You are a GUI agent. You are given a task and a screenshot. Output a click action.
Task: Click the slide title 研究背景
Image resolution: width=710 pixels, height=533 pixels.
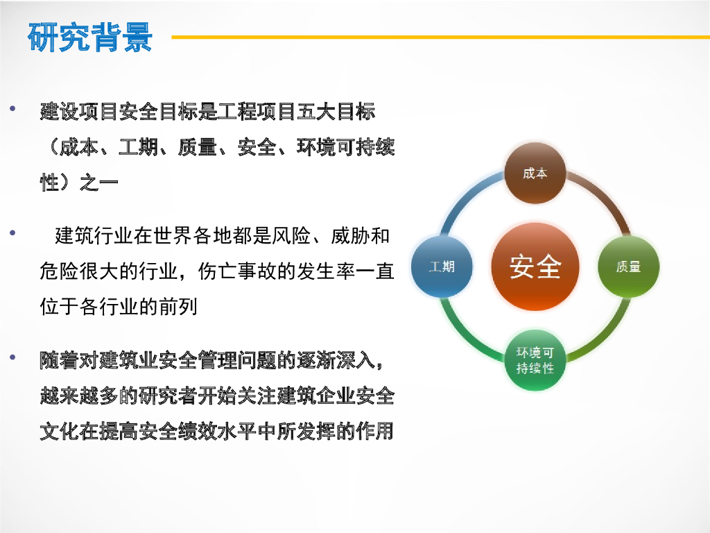click(90, 37)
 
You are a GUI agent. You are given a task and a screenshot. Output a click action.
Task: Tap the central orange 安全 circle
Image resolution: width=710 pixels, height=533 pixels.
click(535, 266)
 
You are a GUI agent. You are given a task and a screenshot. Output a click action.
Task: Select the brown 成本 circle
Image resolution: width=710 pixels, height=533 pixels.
click(535, 173)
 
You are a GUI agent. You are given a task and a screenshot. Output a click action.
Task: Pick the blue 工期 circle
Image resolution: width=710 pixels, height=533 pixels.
click(442, 266)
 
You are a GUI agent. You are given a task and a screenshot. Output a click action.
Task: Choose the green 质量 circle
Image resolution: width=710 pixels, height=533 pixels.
click(628, 266)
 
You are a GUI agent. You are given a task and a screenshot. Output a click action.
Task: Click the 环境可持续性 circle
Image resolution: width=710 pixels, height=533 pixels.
click(535, 360)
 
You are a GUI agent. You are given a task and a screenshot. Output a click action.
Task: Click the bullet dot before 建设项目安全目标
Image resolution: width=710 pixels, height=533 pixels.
click(12, 108)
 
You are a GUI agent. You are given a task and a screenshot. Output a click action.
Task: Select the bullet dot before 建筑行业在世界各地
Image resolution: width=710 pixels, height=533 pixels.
click(12, 233)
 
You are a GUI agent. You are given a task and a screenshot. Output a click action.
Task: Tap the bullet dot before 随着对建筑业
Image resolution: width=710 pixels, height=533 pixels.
click(12, 357)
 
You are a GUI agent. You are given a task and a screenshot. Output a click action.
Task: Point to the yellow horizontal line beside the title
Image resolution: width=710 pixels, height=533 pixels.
click(440, 37)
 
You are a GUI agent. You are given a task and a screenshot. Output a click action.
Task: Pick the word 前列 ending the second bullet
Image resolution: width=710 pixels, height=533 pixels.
click(178, 307)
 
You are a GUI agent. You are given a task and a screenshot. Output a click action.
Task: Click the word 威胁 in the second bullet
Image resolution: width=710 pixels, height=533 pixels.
click(350, 236)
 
